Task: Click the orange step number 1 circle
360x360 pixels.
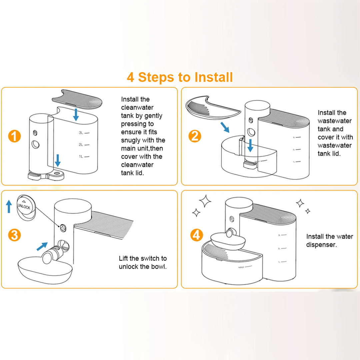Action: coord(14,137)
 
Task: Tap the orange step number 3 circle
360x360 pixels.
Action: coord(14,235)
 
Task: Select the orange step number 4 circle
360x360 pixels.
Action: coord(197,235)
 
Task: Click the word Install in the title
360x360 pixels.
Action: coord(214,77)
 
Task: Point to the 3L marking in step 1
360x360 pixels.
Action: coord(81,133)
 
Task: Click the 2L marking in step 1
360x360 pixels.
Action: coord(81,145)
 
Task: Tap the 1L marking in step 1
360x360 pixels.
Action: coord(81,156)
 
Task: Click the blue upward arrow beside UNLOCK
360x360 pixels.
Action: coord(9,206)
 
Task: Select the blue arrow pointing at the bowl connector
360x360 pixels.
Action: coord(42,246)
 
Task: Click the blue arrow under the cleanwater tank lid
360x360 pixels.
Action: coord(76,114)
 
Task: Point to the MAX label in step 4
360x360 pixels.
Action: coord(242,267)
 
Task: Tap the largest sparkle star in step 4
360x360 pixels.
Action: coord(205,201)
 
